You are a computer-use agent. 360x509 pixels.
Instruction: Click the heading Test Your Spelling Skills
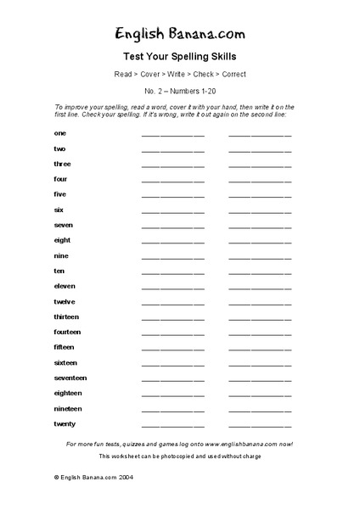180,58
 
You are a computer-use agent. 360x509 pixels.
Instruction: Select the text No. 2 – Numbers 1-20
180,90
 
